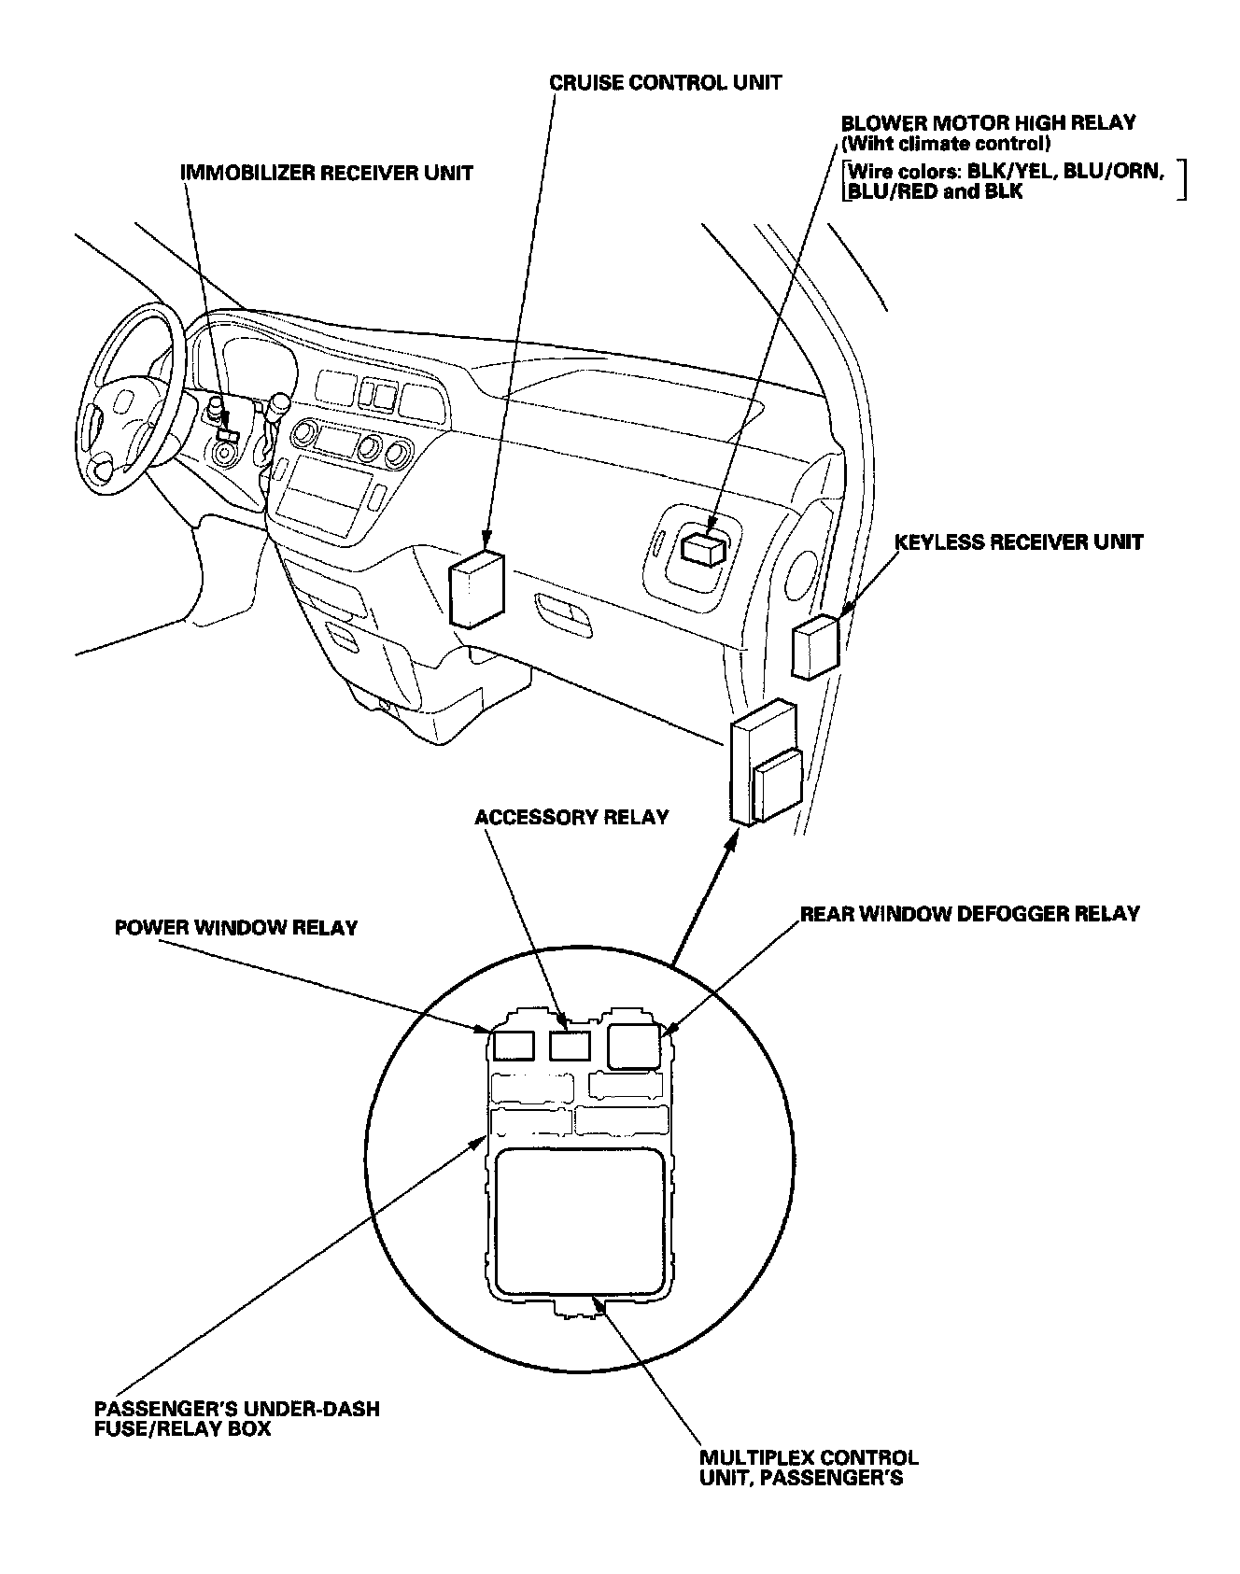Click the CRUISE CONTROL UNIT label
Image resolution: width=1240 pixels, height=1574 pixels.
tap(665, 82)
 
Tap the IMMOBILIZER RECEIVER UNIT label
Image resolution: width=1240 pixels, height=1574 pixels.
tap(327, 173)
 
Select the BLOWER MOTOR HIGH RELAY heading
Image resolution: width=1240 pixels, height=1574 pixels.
tap(988, 123)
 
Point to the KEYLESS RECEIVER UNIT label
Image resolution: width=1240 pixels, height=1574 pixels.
tap(1018, 542)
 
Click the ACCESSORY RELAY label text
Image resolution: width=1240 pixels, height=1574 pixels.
tap(571, 817)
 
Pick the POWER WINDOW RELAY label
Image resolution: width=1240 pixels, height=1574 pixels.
tap(236, 928)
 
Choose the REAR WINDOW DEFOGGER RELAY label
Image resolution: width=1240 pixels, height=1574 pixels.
tap(969, 913)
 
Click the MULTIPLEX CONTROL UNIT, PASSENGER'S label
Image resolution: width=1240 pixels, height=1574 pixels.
tap(809, 1468)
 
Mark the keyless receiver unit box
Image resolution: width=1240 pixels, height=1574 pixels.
tap(814, 646)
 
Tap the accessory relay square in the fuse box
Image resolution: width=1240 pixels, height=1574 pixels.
tap(569, 1046)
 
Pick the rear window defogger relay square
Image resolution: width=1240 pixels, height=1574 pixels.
tap(634, 1046)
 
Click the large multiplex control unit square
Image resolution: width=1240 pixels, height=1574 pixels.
tap(583, 1218)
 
